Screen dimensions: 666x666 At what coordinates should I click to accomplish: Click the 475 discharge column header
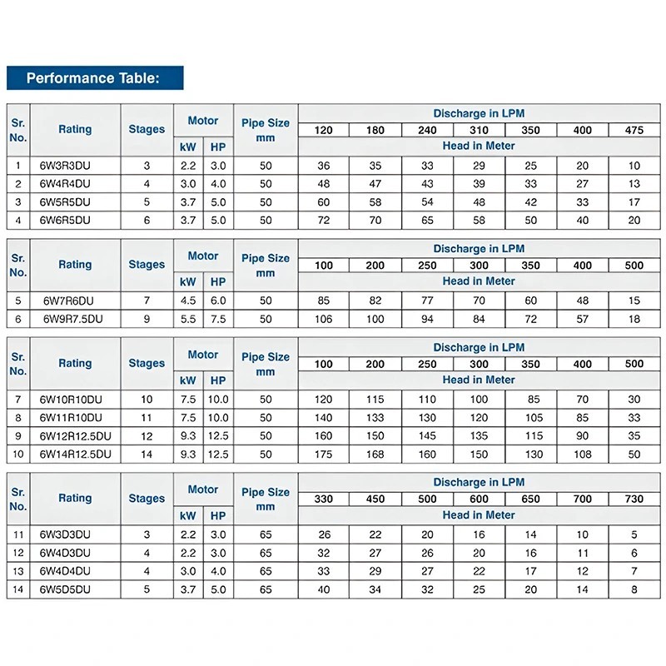(x=634, y=130)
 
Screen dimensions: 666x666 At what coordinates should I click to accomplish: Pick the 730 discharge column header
(x=634, y=499)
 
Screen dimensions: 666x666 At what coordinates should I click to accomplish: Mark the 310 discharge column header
(x=479, y=130)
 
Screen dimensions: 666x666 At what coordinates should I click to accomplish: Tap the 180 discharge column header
(x=375, y=130)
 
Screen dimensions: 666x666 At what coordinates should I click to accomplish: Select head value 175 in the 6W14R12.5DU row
(x=324, y=454)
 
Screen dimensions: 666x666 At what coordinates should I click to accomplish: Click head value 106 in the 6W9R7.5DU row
(x=324, y=319)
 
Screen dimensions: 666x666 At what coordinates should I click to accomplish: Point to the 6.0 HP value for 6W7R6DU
(x=218, y=301)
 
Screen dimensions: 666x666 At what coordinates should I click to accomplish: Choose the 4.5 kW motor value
(x=188, y=301)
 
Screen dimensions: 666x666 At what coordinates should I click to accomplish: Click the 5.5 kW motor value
(x=188, y=319)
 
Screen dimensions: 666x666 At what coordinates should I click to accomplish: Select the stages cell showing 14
(x=147, y=454)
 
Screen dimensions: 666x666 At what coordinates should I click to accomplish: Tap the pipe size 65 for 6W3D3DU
(x=266, y=534)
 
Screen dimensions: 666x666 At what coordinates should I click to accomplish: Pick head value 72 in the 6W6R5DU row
(x=324, y=221)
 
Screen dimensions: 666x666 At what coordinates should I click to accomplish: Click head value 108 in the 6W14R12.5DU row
(x=582, y=454)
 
